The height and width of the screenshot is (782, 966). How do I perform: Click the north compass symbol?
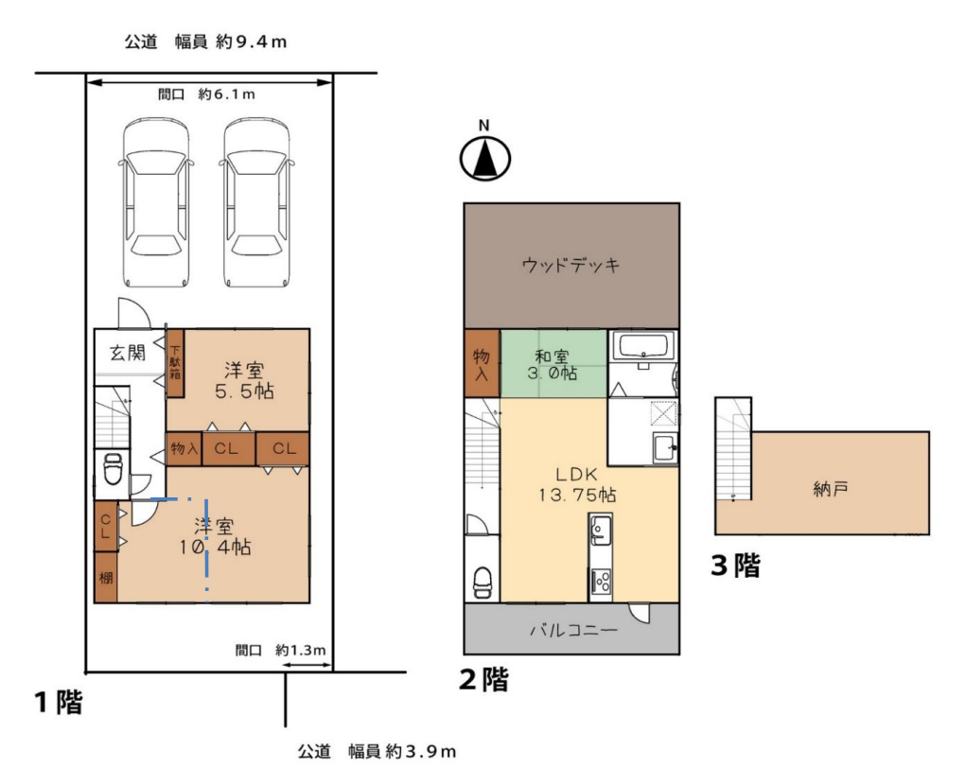coord(484,158)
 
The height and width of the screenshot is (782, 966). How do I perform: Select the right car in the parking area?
coord(256,203)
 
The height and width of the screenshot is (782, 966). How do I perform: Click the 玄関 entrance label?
coord(128,353)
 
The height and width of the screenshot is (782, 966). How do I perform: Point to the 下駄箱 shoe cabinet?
coord(176,363)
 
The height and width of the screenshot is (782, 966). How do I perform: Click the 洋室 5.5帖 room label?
coord(244,380)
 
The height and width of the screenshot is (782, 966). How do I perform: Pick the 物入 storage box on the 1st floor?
coord(184,448)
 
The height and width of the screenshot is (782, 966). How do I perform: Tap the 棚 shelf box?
coord(105,578)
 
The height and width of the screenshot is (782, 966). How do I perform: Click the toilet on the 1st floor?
coord(113,471)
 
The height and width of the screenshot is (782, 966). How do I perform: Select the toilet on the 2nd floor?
coord(483,582)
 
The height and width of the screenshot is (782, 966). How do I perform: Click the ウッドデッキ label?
coord(571,266)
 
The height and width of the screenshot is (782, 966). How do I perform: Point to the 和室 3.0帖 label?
coord(552,364)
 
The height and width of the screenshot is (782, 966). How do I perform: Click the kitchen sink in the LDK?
coord(600,529)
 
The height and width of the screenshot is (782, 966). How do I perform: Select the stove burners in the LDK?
coord(601,581)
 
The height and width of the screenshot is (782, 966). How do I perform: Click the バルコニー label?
coord(573,631)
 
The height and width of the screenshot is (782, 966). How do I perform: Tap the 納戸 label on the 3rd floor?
coord(831,490)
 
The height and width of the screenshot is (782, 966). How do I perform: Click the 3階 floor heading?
coord(735,565)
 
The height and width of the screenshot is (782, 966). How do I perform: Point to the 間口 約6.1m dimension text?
coord(205,95)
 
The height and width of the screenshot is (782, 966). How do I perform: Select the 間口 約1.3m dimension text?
coord(280,651)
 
